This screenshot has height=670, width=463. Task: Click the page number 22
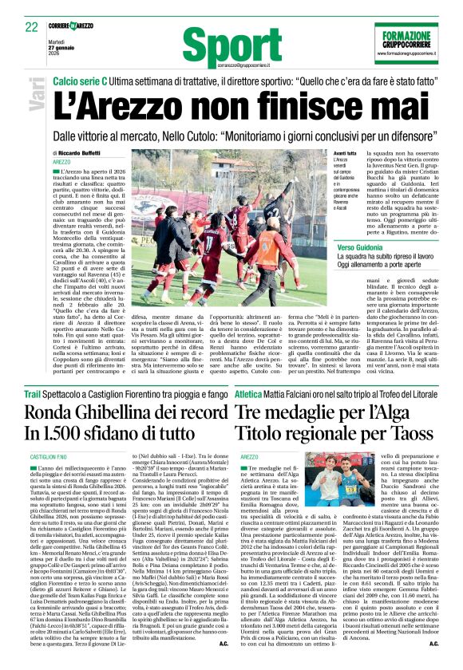(x=31, y=27)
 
